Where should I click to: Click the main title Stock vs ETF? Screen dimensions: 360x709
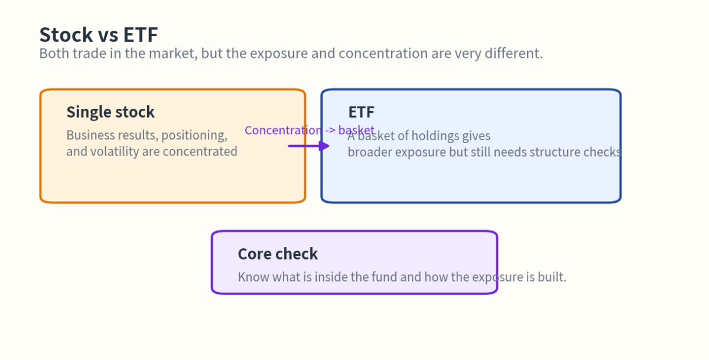(98, 35)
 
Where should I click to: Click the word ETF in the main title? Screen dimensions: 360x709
(140, 35)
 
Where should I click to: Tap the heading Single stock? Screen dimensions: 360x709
(110, 112)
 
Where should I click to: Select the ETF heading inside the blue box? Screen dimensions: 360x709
(361, 112)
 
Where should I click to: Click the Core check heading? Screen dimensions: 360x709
(278, 254)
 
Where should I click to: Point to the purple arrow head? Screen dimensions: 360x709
(324, 145)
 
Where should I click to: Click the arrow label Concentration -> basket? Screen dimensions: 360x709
(309, 130)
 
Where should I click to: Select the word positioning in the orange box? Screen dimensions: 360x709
(194, 135)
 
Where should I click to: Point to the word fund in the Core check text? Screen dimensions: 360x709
(384, 277)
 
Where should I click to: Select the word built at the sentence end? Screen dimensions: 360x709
(551, 277)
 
